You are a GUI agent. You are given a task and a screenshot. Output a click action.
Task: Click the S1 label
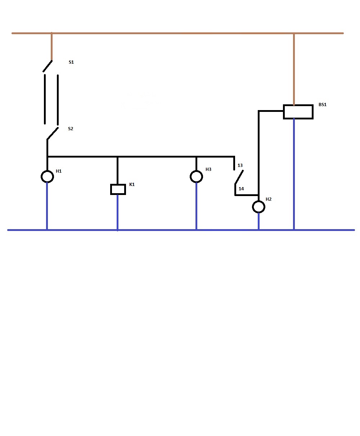pos(71,62)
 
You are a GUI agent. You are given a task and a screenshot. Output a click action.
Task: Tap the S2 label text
pos(71,129)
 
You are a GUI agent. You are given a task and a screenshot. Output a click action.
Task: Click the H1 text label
pos(59,171)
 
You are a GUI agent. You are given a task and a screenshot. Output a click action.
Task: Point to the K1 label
pos(132,185)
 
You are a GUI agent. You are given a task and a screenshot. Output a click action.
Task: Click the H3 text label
pos(208,169)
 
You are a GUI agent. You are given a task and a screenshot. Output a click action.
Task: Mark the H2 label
pos(269,199)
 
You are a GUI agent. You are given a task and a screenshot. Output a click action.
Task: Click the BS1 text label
pos(323,105)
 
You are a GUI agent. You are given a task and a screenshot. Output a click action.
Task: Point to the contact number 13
pos(240,165)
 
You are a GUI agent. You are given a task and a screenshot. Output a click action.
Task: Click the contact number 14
pos(241,189)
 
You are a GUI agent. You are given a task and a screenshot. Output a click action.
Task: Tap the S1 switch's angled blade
pos(48,66)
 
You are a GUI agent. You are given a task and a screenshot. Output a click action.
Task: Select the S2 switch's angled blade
pos(53,133)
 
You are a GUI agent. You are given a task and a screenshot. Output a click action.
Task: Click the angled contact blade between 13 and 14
pos(239,177)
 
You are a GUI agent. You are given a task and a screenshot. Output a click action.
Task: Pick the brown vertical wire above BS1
pos(294,69)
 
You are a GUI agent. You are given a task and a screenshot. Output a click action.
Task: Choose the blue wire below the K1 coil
pos(117,212)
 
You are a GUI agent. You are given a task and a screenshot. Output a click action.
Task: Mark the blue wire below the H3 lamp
pos(196,206)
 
